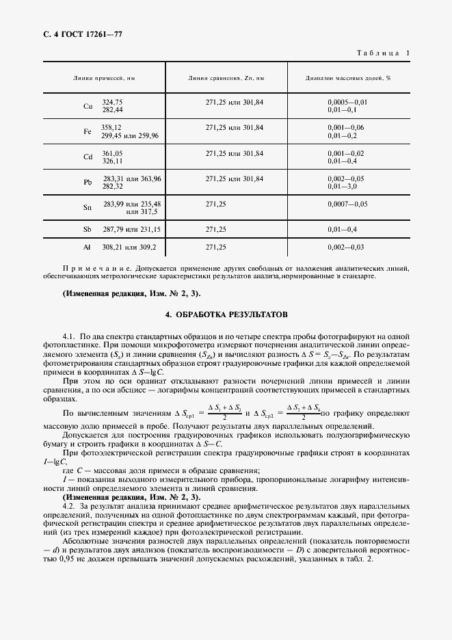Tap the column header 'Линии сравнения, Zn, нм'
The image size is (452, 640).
226,79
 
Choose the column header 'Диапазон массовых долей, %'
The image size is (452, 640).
348,79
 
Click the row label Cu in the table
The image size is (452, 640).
88,106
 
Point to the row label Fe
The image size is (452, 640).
88,132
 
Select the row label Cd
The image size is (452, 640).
88,157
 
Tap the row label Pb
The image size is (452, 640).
88,183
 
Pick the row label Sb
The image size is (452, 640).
88,230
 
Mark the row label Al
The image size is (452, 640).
88,248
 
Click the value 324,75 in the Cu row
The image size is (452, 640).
112,102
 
